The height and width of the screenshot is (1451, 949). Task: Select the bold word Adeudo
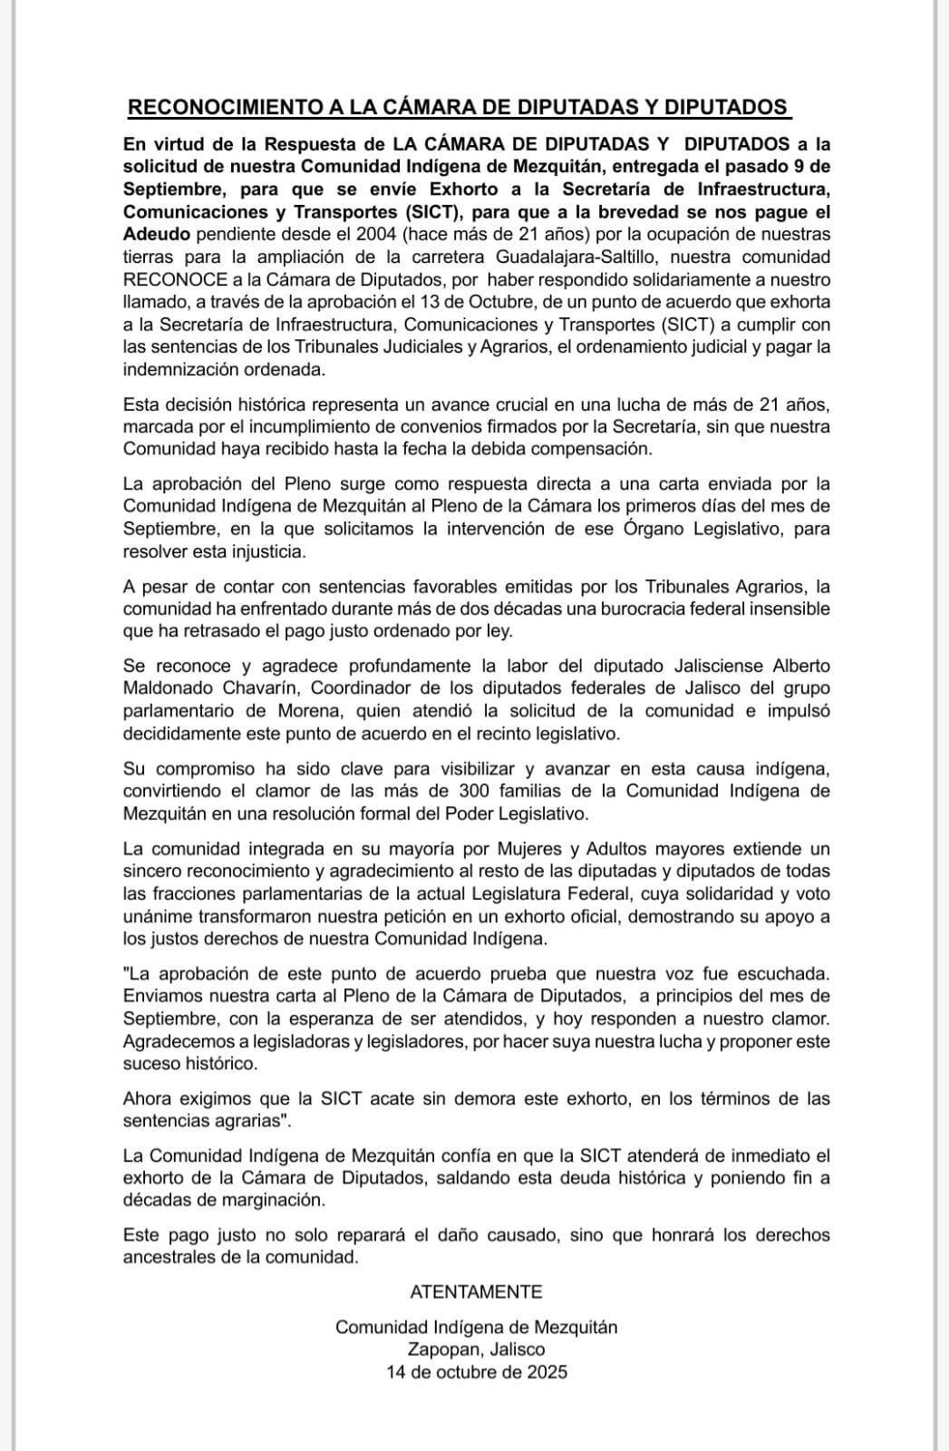[x=157, y=234]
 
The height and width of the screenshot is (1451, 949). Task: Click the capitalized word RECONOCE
[x=173, y=279]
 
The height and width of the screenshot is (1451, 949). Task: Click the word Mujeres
[x=528, y=849]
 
